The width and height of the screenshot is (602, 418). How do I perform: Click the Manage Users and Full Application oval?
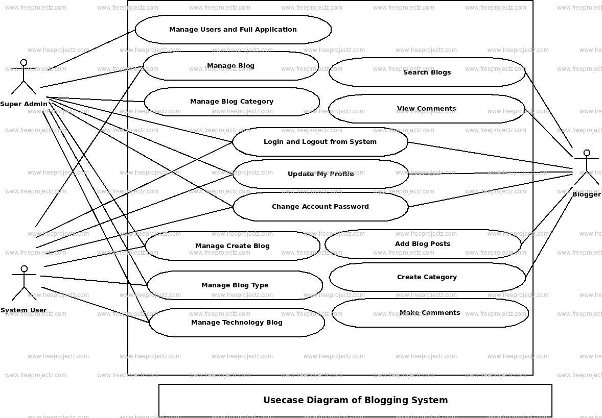point(233,30)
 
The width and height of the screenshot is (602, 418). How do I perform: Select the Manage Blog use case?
point(230,66)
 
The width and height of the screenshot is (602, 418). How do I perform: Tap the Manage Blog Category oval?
point(231,102)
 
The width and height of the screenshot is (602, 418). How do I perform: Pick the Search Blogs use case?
point(427,72)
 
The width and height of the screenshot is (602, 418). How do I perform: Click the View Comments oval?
point(426,109)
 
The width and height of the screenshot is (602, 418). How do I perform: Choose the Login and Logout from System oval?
point(320,142)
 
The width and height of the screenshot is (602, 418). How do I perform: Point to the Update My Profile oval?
point(320,174)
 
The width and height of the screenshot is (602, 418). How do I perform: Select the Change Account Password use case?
point(320,207)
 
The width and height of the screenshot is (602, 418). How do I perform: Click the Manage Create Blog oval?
point(233,246)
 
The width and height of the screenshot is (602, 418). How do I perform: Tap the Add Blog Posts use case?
point(423,244)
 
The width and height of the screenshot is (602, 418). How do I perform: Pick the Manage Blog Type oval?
point(235,285)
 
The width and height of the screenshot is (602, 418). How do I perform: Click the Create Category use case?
point(427,277)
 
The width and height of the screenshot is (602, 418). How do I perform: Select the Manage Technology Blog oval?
point(237,323)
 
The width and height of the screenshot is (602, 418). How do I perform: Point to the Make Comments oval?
point(430,313)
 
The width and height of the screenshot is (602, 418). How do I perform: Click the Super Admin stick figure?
point(24,77)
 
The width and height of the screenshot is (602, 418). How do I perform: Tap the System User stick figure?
point(24,283)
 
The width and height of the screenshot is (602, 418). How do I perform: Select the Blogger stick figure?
point(587,167)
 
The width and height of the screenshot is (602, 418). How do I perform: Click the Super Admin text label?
point(24,104)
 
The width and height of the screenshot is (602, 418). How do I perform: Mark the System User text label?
point(24,310)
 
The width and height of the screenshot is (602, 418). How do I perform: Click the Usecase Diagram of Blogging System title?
point(355,401)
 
